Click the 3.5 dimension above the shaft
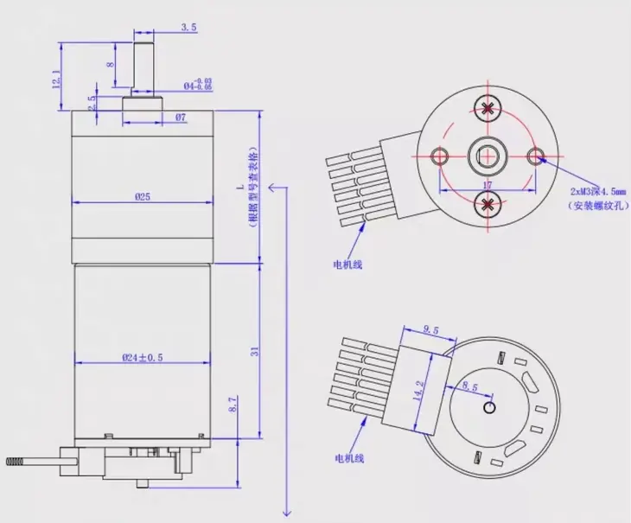pyautogui.click(x=188, y=28)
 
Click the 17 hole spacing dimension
pyautogui.click(x=488, y=185)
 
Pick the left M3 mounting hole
pyautogui.click(x=440, y=156)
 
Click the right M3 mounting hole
pyautogui.click(x=537, y=156)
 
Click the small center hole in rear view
pyautogui.click(x=490, y=406)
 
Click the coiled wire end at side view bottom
pyautogui.click(x=14, y=465)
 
